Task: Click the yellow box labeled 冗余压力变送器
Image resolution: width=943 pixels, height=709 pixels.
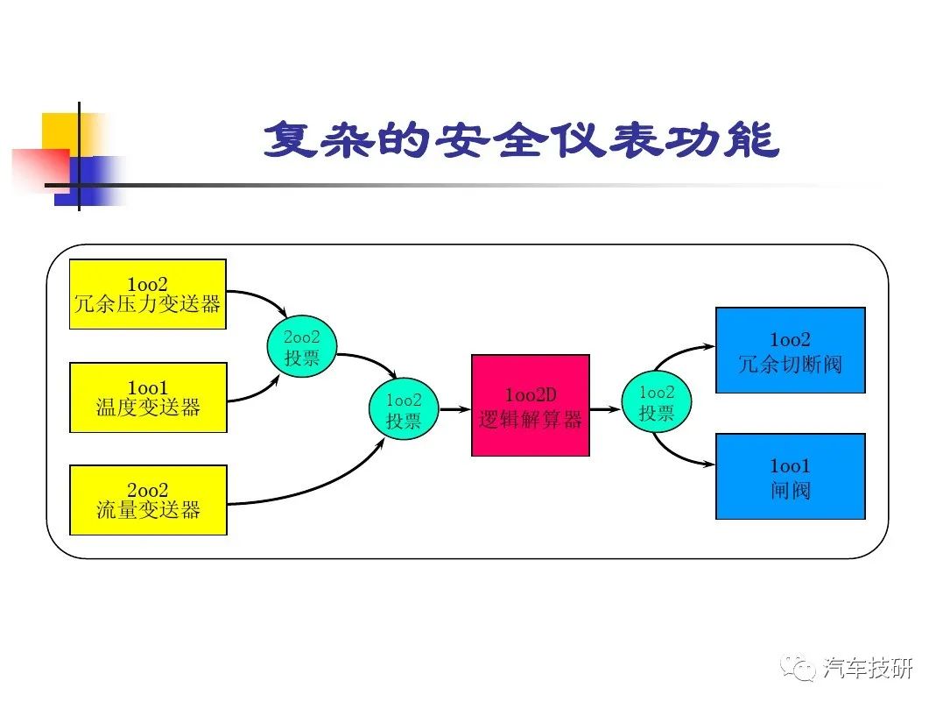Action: pyautogui.click(x=148, y=294)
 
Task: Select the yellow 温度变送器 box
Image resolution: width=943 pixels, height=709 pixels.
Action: pyautogui.click(x=148, y=397)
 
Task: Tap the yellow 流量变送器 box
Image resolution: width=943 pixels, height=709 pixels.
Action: pyautogui.click(x=148, y=500)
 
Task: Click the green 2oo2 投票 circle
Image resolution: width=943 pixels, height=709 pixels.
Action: pyautogui.click(x=302, y=347)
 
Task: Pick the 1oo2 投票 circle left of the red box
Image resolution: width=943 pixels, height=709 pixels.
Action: pyautogui.click(x=404, y=408)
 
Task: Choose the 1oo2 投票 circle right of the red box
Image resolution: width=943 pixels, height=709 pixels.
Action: pyautogui.click(x=656, y=401)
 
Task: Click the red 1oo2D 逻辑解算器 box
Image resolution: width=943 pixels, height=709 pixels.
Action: pyautogui.click(x=531, y=405)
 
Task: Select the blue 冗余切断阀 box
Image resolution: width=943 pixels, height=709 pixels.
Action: pyautogui.click(x=791, y=351)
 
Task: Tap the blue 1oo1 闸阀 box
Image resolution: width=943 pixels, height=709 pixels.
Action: pyautogui.click(x=791, y=476)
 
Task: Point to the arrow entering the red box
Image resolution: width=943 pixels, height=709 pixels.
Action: pyautogui.click(x=455, y=409)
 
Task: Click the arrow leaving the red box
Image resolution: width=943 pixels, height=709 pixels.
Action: pyautogui.click(x=605, y=409)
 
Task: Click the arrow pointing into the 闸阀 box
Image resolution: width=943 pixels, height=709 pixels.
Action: pyautogui.click(x=677, y=456)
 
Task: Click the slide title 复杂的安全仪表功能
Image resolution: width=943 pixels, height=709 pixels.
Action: pyautogui.click(x=522, y=139)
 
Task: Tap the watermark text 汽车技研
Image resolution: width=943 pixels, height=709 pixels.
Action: pyautogui.click(x=868, y=668)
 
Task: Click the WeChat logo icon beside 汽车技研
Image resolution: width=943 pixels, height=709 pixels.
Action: pyautogui.click(x=798, y=667)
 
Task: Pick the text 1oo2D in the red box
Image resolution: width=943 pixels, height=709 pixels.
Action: pyautogui.click(x=531, y=395)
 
